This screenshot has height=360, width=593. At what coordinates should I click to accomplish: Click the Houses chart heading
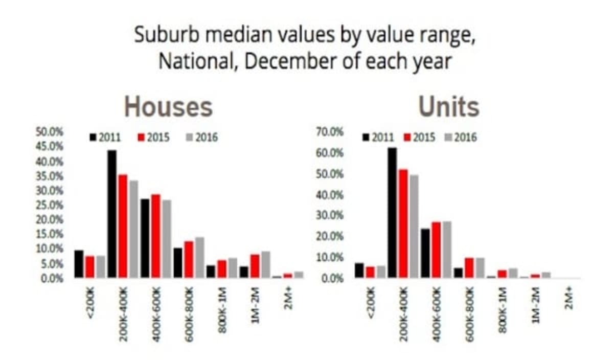click(x=168, y=107)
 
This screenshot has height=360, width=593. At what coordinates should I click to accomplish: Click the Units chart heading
click(x=448, y=107)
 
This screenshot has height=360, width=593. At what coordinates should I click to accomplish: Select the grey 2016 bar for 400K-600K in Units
click(x=447, y=250)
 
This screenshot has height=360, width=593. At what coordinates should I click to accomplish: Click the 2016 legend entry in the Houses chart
click(x=203, y=138)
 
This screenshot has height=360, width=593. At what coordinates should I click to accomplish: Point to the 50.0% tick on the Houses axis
click(x=49, y=132)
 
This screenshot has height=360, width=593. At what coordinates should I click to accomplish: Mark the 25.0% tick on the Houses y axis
click(x=49, y=205)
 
